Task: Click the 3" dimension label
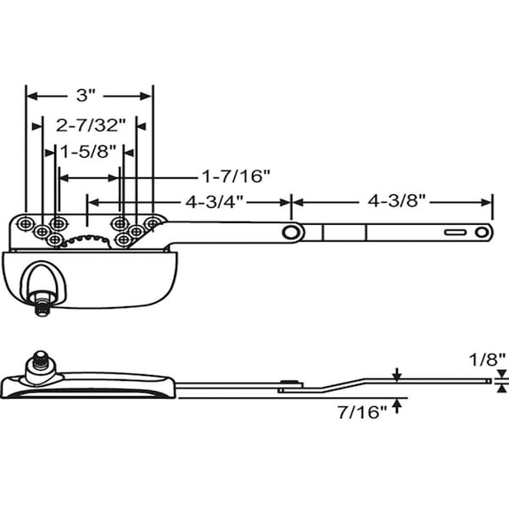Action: pyautogui.click(x=88, y=95)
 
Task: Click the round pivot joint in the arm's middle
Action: pyautogui.click(x=291, y=232)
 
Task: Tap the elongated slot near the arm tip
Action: pyautogui.click(x=456, y=232)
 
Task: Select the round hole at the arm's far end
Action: pyautogui.click(x=484, y=232)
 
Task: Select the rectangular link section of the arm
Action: pyautogui.click(x=345, y=232)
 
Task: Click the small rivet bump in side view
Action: pyautogui.click(x=290, y=384)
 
